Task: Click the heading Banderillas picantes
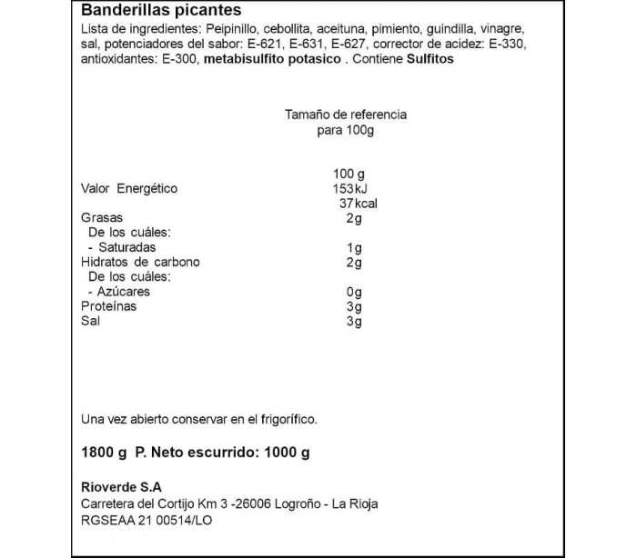click(x=161, y=11)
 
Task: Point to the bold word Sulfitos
click(x=428, y=59)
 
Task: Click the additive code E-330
click(x=505, y=44)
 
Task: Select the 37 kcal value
click(x=357, y=204)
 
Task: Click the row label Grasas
click(x=102, y=218)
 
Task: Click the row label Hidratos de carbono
click(x=140, y=263)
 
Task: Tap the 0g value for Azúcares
click(x=355, y=292)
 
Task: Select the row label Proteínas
click(x=109, y=306)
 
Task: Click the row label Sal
click(x=90, y=321)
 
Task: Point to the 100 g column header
click(x=349, y=174)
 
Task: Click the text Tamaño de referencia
click(x=346, y=115)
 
